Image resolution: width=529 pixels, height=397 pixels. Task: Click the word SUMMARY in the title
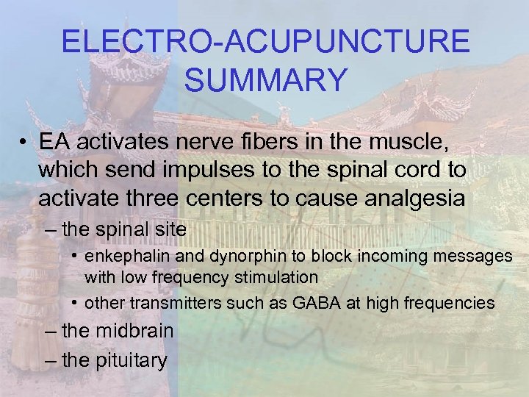point(264,79)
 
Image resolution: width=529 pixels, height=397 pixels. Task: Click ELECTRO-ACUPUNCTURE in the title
point(264,42)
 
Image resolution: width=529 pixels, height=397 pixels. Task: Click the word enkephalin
point(126,257)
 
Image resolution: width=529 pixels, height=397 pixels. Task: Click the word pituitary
point(128,360)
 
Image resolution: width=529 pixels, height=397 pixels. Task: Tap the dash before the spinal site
point(49,230)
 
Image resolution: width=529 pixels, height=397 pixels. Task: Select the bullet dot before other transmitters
point(76,303)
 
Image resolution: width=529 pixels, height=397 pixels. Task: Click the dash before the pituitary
point(49,361)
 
